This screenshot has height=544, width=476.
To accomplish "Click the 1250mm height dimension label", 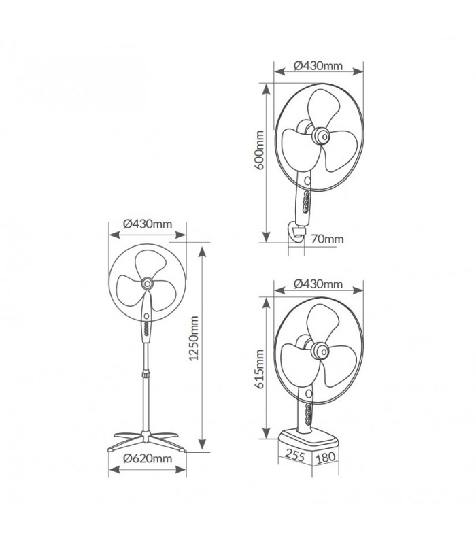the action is pyautogui.click(x=194, y=338).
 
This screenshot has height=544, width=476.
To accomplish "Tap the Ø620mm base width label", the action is pyautogui.click(x=148, y=458).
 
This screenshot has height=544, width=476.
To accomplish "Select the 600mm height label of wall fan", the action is pyautogui.click(x=259, y=150).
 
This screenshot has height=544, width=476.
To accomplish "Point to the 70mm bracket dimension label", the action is pyautogui.click(x=327, y=239).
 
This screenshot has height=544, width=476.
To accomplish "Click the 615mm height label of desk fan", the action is pyautogui.click(x=259, y=369).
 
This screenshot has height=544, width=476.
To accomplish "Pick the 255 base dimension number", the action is pyautogui.click(x=295, y=455).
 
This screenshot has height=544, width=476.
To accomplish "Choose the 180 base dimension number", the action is pyautogui.click(x=326, y=457).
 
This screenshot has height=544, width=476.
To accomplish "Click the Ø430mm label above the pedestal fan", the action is pyautogui.click(x=148, y=224).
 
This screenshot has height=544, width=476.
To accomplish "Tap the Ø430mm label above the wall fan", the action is pyautogui.click(x=318, y=65).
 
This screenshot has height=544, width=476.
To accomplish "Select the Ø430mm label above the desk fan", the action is pyautogui.click(x=318, y=284).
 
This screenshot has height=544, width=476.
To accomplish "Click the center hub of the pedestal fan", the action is pyautogui.click(x=147, y=284).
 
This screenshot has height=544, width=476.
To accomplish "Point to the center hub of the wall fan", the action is pyautogui.click(x=320, y=136).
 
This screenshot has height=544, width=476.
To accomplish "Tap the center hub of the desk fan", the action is pyautogui.click(x=320, y=351).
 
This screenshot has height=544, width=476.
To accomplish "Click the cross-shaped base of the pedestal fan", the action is pyautogui.click(x=146, y=441).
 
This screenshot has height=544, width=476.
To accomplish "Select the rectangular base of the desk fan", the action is pyautogui.click(x=309, y=441).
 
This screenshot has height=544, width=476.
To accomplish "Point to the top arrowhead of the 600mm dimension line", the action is pyautogui.click(x=266, y=89).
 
